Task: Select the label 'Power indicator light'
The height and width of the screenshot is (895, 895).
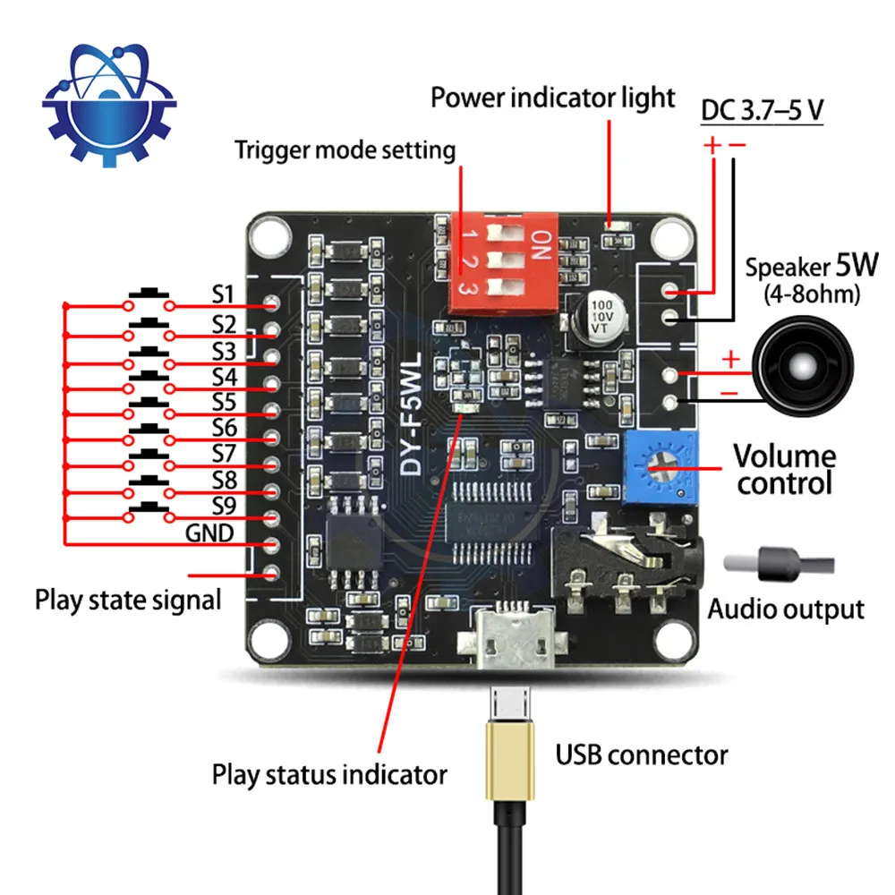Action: coord(552,98)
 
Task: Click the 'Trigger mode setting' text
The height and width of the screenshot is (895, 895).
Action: coord(345,149)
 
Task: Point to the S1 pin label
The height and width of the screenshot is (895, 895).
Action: coord(223,294)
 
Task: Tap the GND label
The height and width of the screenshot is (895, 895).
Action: coord(209,533)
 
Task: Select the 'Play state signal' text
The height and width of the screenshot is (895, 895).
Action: coord(128,599)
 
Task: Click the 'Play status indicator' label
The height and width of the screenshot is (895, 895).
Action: coord(329,773)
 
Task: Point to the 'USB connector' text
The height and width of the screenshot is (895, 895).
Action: coord(641,754)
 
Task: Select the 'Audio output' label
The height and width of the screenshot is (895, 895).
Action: coord(786,609)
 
